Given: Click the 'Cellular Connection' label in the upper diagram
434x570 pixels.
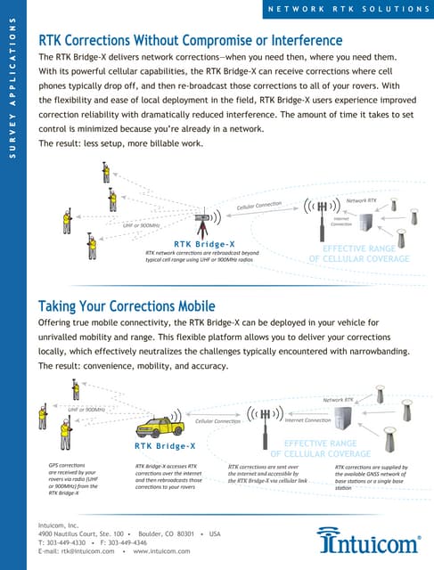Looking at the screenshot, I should (x=259, y=206).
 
